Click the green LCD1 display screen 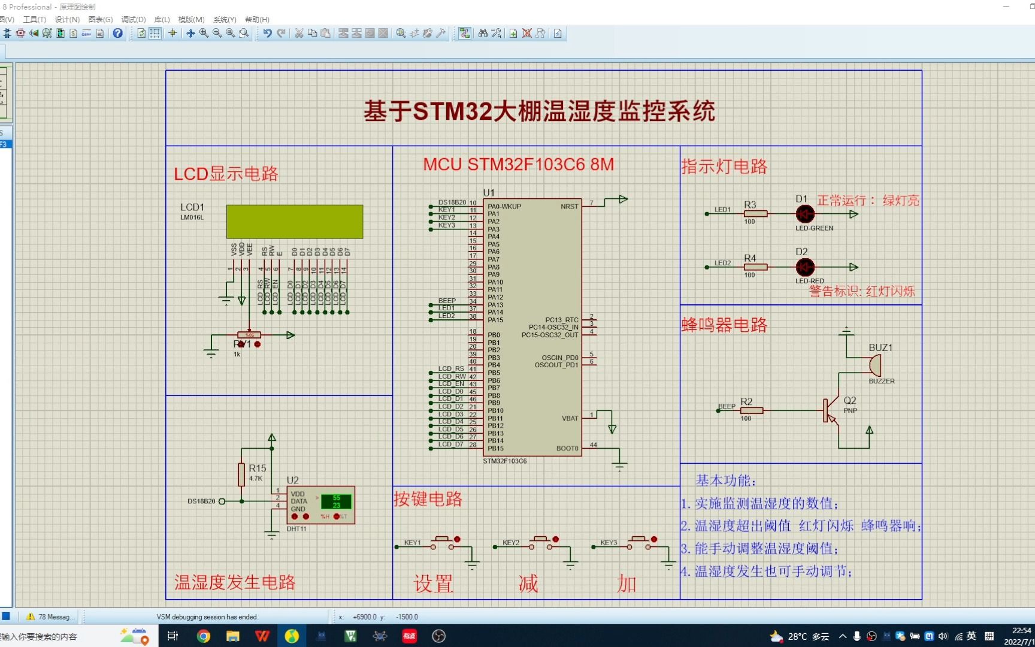[295, 222]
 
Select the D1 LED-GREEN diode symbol [805, 214]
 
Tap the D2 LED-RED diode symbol [805, 267]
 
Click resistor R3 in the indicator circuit [755, 213]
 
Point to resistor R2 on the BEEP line [751, 410]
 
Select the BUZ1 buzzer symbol [874, 365]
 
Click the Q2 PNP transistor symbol [831, 411]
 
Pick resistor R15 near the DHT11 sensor [241, 474]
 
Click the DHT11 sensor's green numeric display [336, 501]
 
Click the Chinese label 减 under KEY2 [528, 583]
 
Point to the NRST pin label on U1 [569, 207]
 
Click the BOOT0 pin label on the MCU [567, 448]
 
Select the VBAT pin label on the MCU [570, 418]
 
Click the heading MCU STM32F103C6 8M [519, 165]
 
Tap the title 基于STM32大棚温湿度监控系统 [540, 111]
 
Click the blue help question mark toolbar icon [118, 34]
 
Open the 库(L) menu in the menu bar [162, 20]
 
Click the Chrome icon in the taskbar [204, 636]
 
